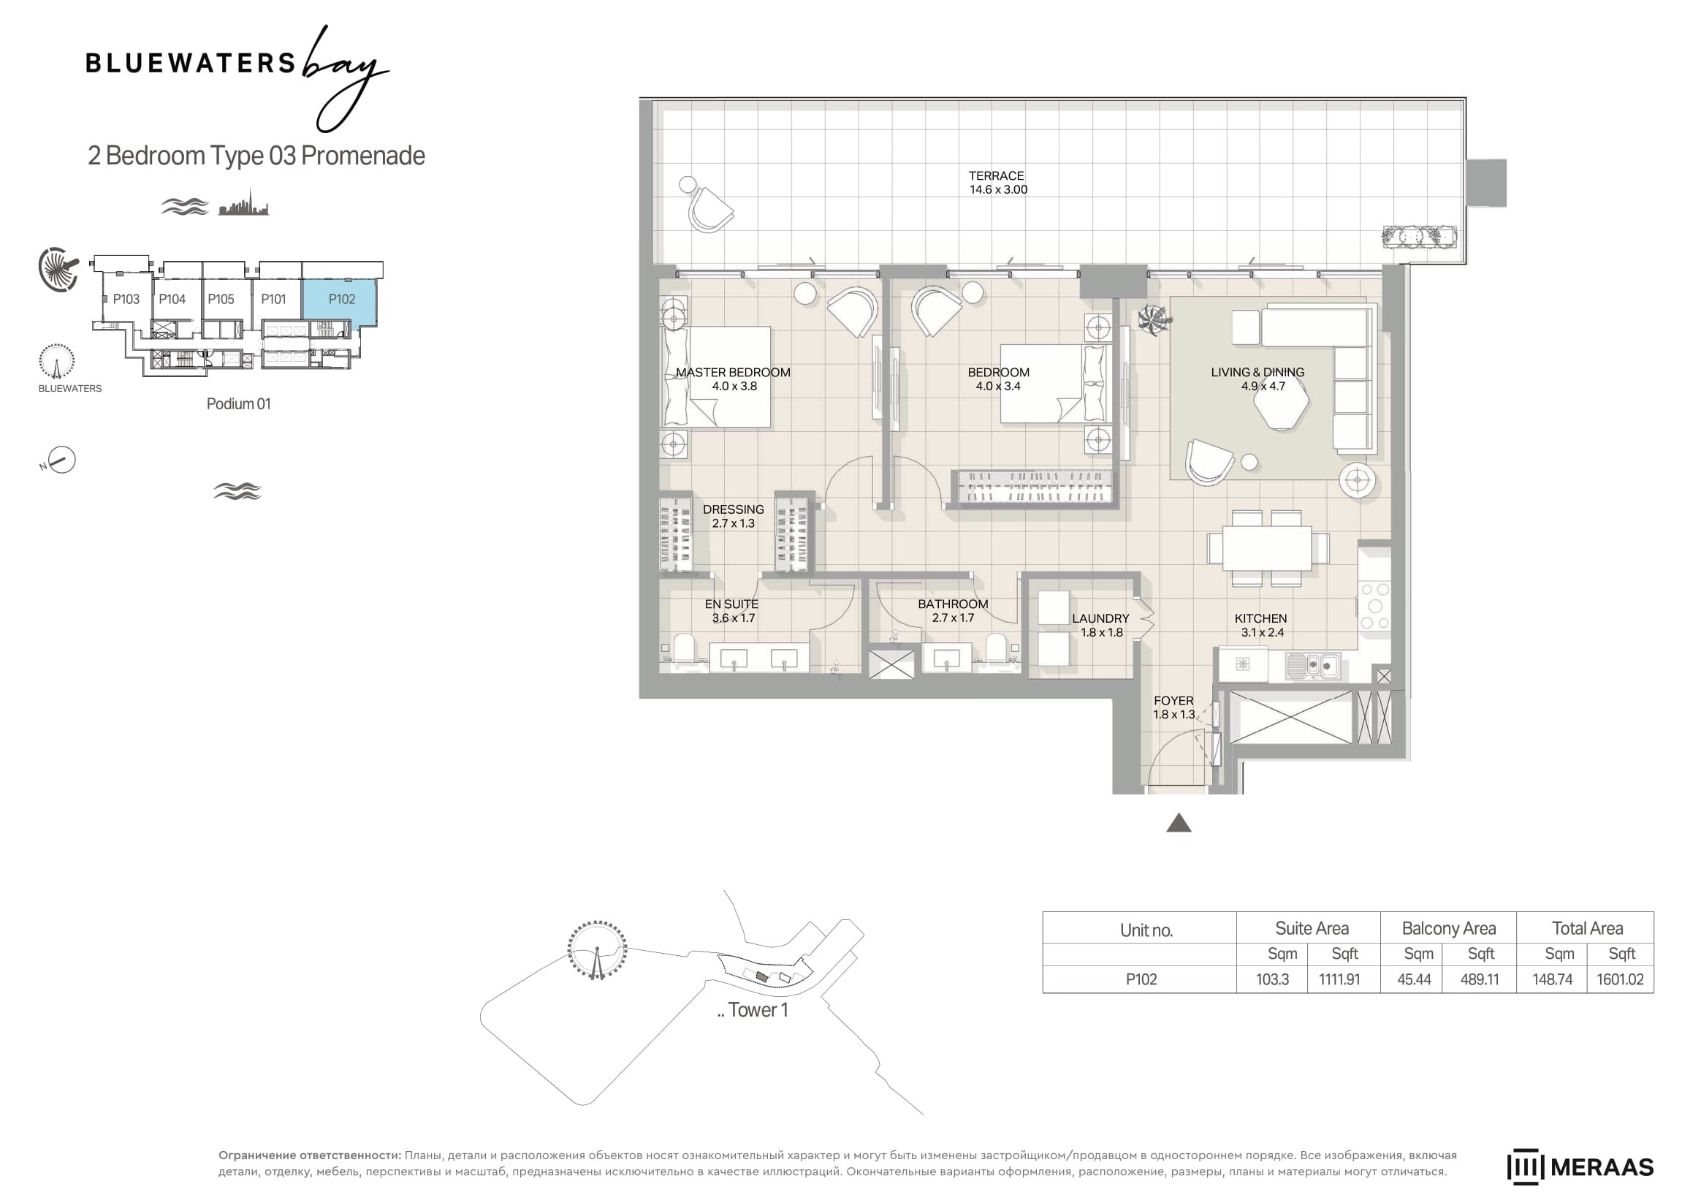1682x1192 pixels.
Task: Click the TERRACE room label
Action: click(996, 176)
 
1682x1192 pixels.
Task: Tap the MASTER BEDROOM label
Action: click(733, 373)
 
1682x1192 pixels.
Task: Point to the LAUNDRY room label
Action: click(1101, 619)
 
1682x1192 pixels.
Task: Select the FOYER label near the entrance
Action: click(1173, 701)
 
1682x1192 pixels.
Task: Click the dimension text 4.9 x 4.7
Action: click(1263, 386)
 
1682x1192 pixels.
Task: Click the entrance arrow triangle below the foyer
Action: click(1179, 823)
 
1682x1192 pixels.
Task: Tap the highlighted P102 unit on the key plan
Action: click(342, 300)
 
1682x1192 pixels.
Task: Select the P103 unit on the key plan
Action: click(126, 300)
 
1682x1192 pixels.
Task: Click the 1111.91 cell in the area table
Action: click(1339, 979)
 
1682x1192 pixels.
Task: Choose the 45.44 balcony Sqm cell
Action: click(1414, 979)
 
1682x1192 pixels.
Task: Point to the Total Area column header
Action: click(1587, 928)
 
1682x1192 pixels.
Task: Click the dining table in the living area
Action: click(1268, 548)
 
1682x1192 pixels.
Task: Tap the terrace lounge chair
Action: click(709, 209)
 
